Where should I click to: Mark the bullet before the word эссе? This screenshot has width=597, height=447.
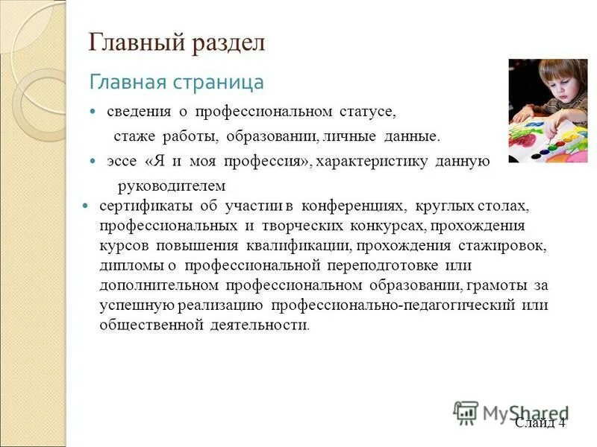(x=93, y=161)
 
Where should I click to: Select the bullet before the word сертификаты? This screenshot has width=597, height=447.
(x=84, y=206)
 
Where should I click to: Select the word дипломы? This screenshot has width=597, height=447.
(x=128, y=265)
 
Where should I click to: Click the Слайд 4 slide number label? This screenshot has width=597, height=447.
(x=540, y=422)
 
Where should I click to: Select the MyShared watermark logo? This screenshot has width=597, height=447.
(x=510, y=413)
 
